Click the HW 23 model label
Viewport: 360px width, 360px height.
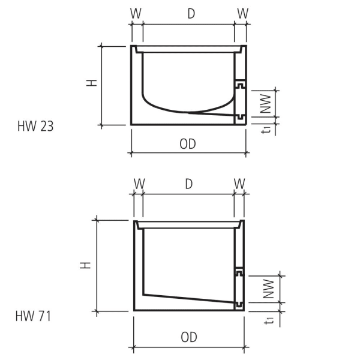pyautogui.click(x=35, y=127)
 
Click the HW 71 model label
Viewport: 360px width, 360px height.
pyautogui.click(x=34, y=316)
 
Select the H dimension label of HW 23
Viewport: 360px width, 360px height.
pyautogui.click(x=92, y=83)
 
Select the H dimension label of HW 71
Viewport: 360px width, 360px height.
pyautogui.click(x=87, y=264)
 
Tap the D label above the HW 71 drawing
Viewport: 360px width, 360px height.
pyautogui.click(x=188, y=184)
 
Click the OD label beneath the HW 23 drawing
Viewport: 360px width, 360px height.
pyautogui.click(x=188, y=144)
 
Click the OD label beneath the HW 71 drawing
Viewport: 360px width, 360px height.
pyautogui.click(x=188, y=337)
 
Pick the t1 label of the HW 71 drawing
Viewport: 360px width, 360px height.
pyautogui.click(x=270, y=320)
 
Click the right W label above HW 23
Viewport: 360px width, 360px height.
pyautogui.click(x=242, y=13)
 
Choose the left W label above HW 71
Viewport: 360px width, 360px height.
pyautogui.click(x=139, y=184)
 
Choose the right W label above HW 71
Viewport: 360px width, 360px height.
pyautogui.click(x=240, y=184)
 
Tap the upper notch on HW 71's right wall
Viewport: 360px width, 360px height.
pyautogui.click(x=239, y=273)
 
